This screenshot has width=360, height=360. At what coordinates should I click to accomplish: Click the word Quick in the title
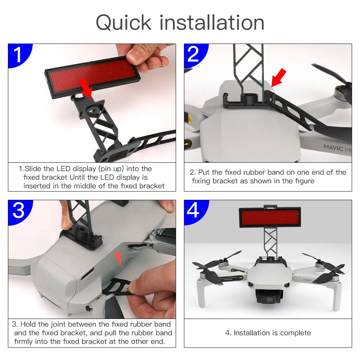(x=123, y=23)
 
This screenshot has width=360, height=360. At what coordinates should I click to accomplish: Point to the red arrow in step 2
(x=279, y=78)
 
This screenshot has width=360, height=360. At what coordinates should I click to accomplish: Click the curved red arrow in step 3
(x=119, y=258)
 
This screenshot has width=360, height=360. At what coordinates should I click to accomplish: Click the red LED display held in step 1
(x=93, y=77)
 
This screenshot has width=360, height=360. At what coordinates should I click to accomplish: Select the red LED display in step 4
(x=270, y=217)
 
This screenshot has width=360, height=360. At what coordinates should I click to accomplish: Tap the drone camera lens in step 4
(x=269, y=300)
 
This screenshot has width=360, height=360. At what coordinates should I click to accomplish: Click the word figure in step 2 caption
(x=305, y=181)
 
